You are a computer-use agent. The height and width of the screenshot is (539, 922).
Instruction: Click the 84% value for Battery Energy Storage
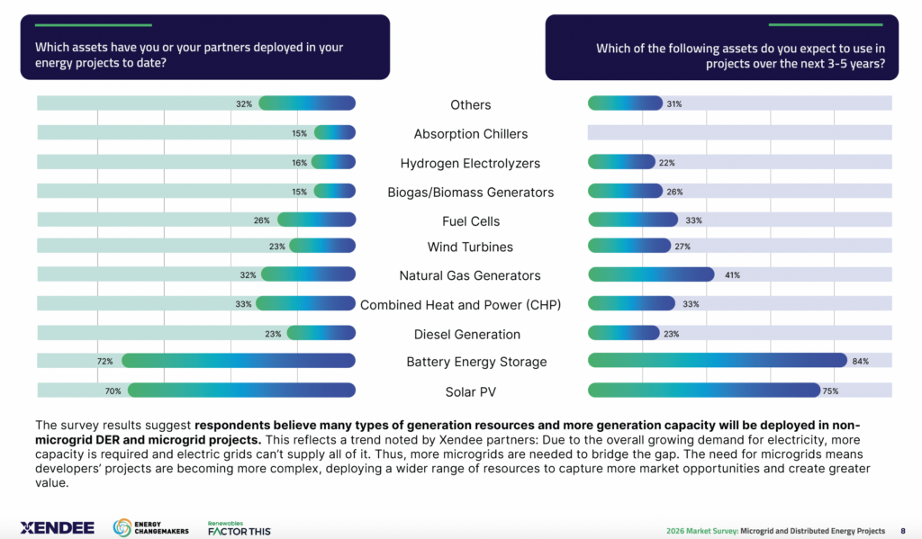(860, 361)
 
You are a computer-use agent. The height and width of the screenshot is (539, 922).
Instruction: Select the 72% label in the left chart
(105, 361)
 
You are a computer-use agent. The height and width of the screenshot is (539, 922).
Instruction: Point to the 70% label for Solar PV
(113, 391)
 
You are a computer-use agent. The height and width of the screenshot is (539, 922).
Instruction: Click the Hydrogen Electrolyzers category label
(470, 163)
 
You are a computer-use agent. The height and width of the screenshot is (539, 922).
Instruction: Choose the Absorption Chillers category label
(470, 134)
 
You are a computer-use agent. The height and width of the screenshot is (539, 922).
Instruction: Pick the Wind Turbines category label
(470, 247)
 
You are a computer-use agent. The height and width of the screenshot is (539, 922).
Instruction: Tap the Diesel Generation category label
(466, 334)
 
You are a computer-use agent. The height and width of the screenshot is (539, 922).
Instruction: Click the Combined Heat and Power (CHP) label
(460, 305)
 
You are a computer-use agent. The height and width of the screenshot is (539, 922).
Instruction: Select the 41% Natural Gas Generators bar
(650, 274)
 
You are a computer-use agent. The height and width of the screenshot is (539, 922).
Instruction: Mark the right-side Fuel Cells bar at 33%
(632, 220)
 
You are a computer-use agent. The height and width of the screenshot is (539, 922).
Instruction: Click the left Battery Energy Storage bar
(239, 361)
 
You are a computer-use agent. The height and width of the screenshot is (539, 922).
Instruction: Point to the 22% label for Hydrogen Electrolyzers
(667, 163)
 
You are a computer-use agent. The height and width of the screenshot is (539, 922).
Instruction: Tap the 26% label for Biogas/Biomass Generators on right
(674, 192)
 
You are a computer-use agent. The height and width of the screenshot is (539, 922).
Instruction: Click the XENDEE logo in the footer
(57, 527)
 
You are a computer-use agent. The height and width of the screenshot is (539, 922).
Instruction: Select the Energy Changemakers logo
(151, 528)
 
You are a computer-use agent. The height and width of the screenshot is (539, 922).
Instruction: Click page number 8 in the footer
(903, 530)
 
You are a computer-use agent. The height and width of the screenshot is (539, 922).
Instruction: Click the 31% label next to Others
(674, 103)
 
